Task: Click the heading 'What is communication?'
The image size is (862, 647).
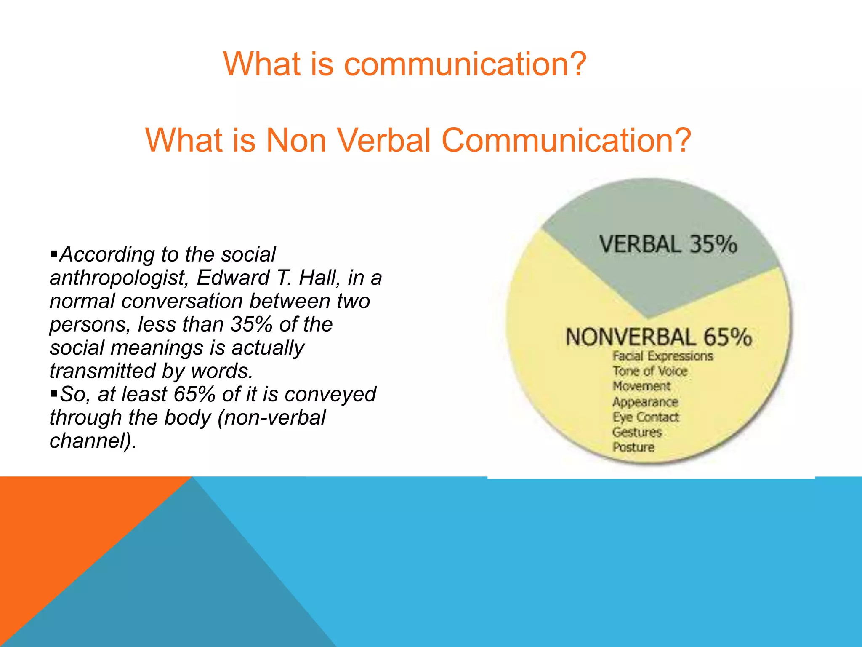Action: [x=405, y=64]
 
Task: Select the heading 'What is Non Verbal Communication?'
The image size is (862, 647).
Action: [x=418, y=140]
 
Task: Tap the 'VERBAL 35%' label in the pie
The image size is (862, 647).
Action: [x=668, y=244]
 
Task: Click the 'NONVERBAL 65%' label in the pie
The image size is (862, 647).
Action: [x=658, y=337]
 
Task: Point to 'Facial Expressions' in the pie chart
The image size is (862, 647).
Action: [x=662, y=356]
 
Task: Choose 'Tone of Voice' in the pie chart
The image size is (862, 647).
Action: [x=649, y=371]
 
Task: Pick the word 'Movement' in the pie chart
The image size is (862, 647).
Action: [x=641, y=386]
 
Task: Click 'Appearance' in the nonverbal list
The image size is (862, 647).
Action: [x=645, y=402]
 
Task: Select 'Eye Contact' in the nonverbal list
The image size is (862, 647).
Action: [x=645, y=417]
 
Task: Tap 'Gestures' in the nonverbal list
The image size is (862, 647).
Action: [x=637, y=432]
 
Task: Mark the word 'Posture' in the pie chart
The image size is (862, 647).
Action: [x=633, y=447]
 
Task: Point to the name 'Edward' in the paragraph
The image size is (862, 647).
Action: [x=233, y=278]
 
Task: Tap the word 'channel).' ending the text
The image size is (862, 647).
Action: [x=93, y=441]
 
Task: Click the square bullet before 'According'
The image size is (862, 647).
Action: [x=53, y=254]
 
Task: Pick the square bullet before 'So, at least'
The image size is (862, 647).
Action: [x=53, y=393]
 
